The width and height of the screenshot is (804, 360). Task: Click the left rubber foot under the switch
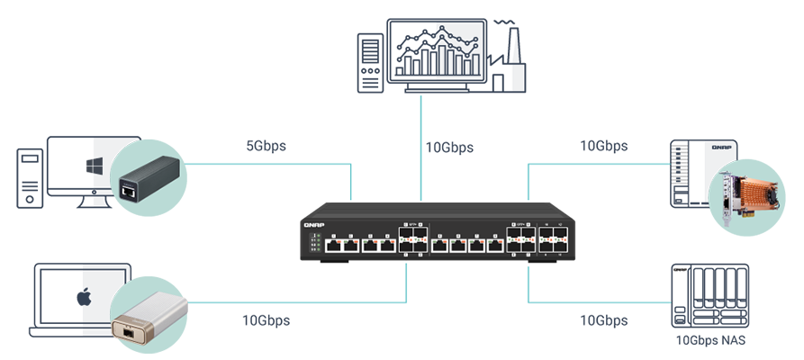pyautogui.click(x=335, y=272)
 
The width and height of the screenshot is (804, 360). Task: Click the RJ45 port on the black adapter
pyautogui.click(x=129, y=190)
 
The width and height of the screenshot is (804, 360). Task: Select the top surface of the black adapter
pyautogui.click(x=149, y=166)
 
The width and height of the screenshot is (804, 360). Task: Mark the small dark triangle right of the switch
pyautogui.click(x=677, y=271)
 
